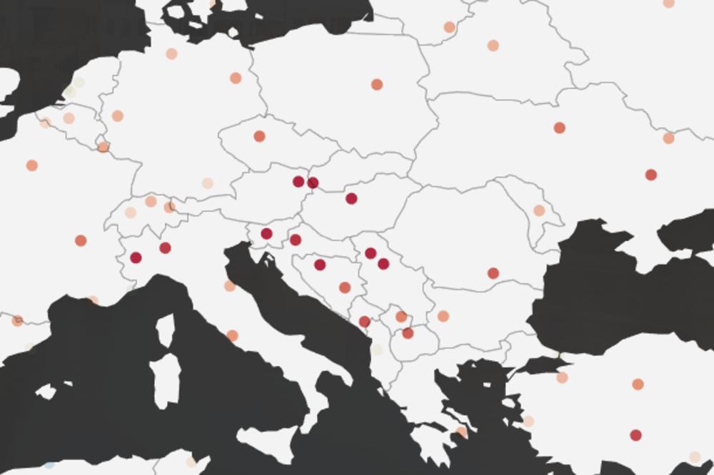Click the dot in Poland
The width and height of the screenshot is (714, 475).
tap(376, 84)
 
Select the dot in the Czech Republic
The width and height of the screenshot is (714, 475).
tap(259, 136)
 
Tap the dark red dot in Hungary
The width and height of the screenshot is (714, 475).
tap(351, 198)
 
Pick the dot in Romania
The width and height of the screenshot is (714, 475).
tap(493, 273)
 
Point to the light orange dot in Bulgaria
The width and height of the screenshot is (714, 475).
tap(443, 316)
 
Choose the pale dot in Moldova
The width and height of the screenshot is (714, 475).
tap(539, 210)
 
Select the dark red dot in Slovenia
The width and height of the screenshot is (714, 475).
tap(267, 233)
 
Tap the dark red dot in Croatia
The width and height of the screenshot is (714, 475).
tap(296, 240)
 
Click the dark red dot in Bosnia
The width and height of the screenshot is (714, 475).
tap(320, 265)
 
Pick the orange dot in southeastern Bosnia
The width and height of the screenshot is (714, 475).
tap(345, 287)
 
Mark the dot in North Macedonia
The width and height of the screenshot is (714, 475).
tap(408, 333)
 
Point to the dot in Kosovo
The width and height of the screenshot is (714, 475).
tap(401, 317)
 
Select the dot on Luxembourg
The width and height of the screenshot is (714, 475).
tap(104, 147)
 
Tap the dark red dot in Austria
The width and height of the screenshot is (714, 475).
tap(298, 181)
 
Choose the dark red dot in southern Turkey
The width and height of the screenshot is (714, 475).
tap(635, 435)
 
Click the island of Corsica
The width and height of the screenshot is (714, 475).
tap(165, 330)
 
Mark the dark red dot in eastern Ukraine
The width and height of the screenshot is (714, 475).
tap(650, 175)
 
